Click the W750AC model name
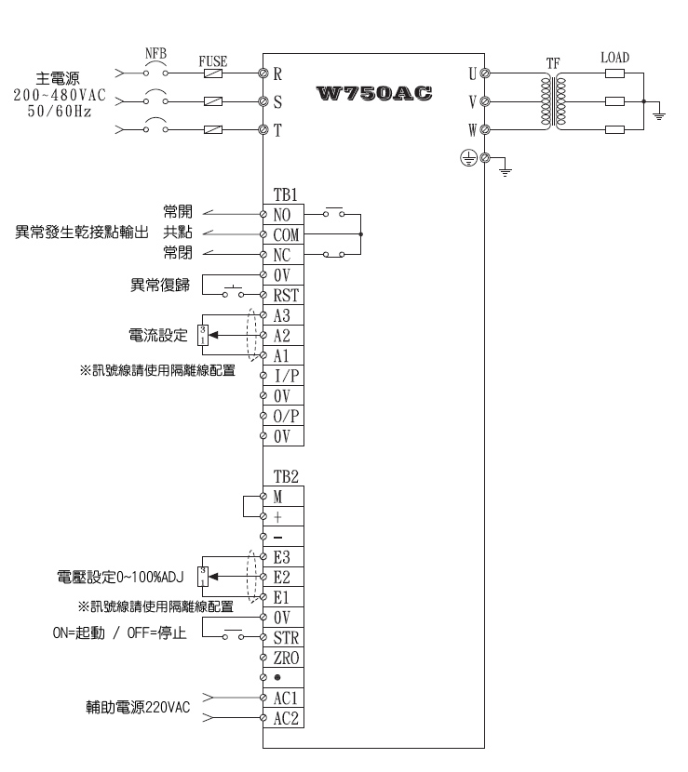[x=376, y=93]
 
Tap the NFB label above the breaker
[x=155, y=54]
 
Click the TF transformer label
[x=553, y=63]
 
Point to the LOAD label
[x=614, y=58]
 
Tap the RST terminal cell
[x=286, y=295]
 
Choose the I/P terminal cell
[x=286, y=376]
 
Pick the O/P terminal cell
[x=286, y=416]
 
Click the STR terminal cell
[x=286, y=638]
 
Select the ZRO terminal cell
[x=286, y=658]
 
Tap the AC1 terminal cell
[x=286, y=698]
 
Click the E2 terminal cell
[x=284, y=577]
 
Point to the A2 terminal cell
[x=284, y=336]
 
